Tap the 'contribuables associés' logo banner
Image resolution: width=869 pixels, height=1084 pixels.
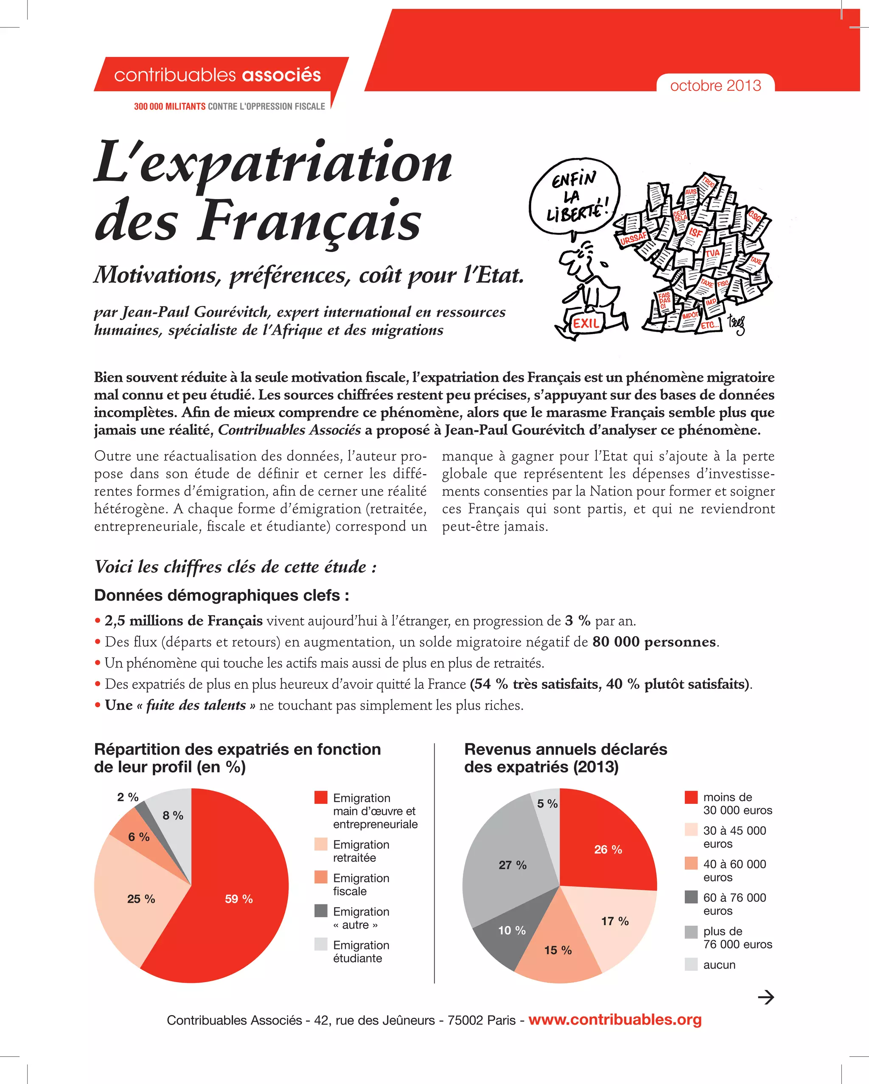click(217, 75)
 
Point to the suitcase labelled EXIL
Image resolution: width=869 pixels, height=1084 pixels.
click(586, 322)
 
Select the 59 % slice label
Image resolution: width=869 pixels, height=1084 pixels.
click(239, 899)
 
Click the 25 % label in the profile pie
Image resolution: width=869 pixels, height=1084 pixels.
click(141, 899)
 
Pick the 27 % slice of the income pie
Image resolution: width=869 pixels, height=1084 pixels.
click(512, 865)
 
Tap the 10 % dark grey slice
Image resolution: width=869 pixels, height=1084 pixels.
click(512, 931)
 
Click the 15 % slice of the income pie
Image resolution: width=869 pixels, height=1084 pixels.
click(558, 950)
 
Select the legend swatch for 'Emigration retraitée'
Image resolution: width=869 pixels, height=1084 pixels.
click(321, 844)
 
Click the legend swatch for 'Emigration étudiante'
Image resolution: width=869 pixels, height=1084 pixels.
click(321, 944)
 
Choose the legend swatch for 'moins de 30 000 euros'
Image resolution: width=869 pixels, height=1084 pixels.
click(691, 797)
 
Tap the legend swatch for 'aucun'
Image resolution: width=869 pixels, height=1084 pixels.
click(691, 964)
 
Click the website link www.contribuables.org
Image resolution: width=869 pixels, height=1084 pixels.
click(615, 1019)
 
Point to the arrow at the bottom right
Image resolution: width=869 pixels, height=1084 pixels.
click(765, 997)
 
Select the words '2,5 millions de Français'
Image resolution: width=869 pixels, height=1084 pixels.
click(183, 621)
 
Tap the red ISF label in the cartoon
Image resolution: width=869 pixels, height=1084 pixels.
click(695, 233)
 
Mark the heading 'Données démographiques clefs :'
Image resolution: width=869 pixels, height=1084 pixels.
click(221, 595)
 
